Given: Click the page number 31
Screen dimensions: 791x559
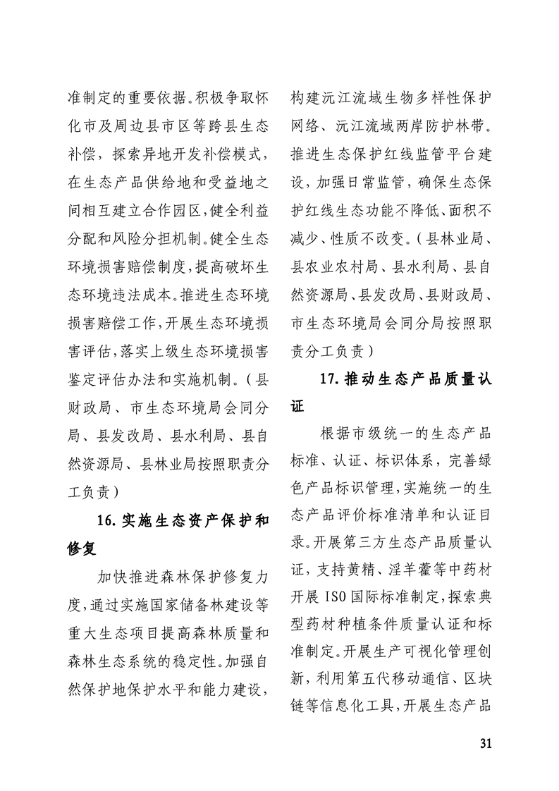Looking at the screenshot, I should pyautogui.click(x=484, y=743).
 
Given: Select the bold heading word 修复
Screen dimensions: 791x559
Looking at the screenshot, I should pyautogui.click(x=82, y=548).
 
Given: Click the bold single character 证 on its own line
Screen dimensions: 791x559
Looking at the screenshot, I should pyautogui.click(x=299, y=405).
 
